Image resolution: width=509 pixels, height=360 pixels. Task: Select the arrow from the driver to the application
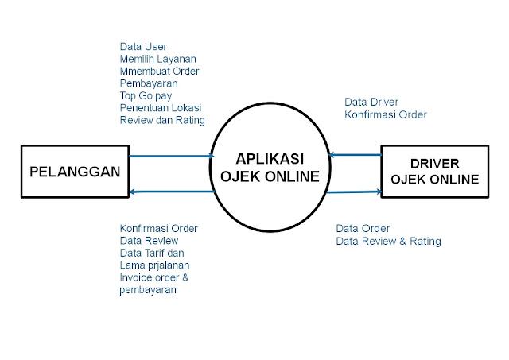coord(356,156)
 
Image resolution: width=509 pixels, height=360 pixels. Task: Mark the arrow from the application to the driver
coord(356,191)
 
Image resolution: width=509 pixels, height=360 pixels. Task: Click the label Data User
coord(143,46)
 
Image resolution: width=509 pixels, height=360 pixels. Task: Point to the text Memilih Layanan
coord(157,59)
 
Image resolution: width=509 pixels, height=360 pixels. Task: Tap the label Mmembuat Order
coord(159,71)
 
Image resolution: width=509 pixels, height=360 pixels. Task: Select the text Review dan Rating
coord(162,120)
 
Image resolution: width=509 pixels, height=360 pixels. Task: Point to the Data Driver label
coord(371,102)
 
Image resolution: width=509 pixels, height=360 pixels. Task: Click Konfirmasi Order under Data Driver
coord(386,114)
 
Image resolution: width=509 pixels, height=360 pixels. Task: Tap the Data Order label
coord(363,229)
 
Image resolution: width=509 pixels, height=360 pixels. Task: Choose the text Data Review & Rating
coord(388,242)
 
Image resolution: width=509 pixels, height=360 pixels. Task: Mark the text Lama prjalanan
coord(154,265)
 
